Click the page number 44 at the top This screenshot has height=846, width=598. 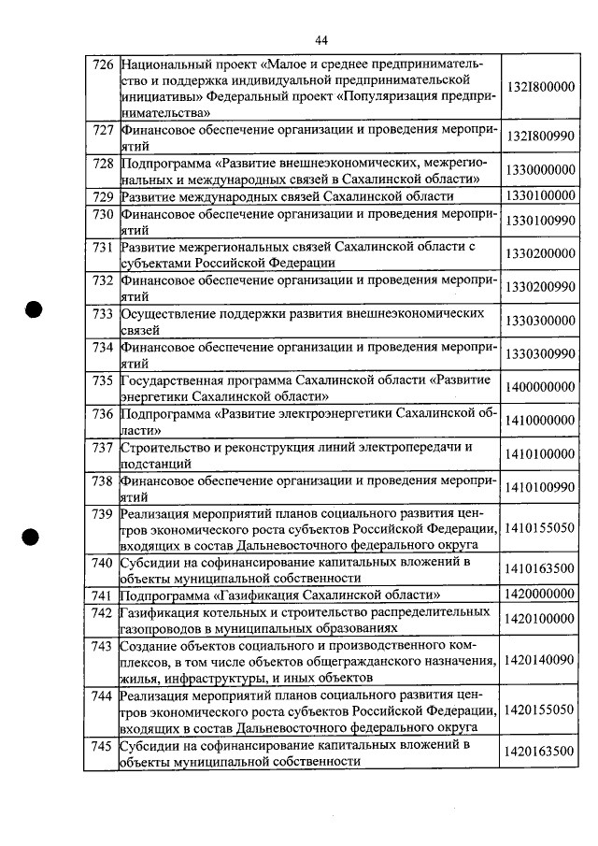(321, 39)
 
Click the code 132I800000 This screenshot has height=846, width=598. (541, 87)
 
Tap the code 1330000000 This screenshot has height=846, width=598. (541, 169)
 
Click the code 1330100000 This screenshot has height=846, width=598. (541, 196)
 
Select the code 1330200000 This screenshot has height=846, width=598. (541, 253)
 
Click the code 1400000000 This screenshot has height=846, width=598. (541, 387)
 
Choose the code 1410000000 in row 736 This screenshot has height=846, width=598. (541, 421)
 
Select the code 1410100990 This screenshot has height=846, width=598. (541, 487)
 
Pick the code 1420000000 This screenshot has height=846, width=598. (541, 594)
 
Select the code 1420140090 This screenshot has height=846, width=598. (541, 660)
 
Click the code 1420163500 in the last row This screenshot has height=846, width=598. (541, 752)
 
